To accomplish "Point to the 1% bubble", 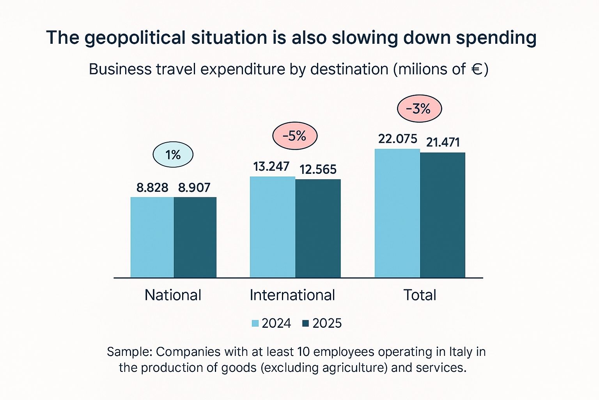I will coord(173,155).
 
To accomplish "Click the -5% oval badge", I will coord(294,136).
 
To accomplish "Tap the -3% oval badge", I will coord(419,109).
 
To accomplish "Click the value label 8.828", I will coord(152,188).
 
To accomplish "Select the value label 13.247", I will coord(271,167).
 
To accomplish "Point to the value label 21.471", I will coord(443,143).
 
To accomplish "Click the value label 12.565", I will coord(318,170).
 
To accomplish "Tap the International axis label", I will coord(292,295).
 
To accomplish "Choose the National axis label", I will coord(173,295).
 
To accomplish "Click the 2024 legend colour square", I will coord(255,323).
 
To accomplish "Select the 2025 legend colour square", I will coord(306,323).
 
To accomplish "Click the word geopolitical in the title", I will coord(135,38).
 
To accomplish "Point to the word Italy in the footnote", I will coord(462,352).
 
